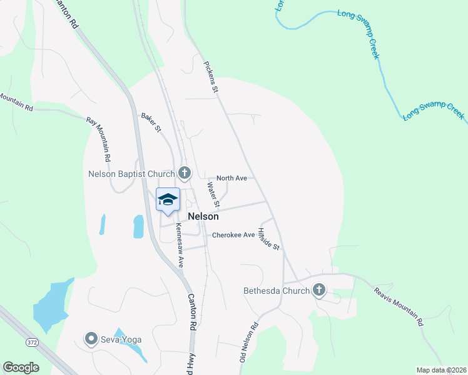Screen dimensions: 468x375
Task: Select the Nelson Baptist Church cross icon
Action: tap(184, 172)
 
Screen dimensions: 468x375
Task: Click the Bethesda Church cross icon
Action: tap(319, 290)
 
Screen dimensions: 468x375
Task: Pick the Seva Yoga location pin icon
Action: tap(91, 339)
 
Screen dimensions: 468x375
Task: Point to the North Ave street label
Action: tap(231, 178)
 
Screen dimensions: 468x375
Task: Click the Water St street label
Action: tap(213, 194)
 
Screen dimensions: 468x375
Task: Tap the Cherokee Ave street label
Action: tap(233, 235)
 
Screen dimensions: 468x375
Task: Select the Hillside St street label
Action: tap(270, 238)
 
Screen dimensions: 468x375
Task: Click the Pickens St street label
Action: tap(211, 77)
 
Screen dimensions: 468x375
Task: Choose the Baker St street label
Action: tap(151, 122)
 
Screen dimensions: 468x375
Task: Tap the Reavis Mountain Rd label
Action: tap(399, 306)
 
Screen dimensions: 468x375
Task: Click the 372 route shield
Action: tap(32, 342)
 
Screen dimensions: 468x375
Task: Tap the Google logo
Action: tap(21, 367)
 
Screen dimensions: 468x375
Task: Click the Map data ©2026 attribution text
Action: tap(442, 370)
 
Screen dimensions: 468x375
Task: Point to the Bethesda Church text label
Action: tap(277, 291)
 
